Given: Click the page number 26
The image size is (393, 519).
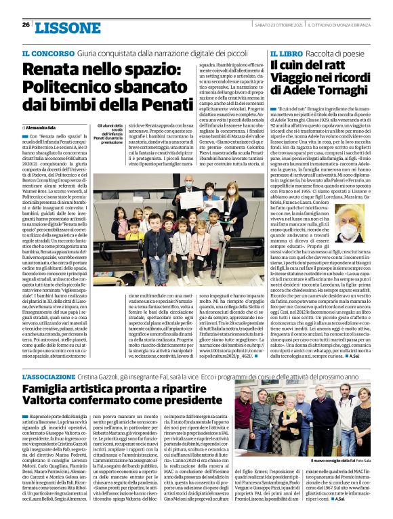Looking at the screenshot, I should [x=26, y=26].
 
